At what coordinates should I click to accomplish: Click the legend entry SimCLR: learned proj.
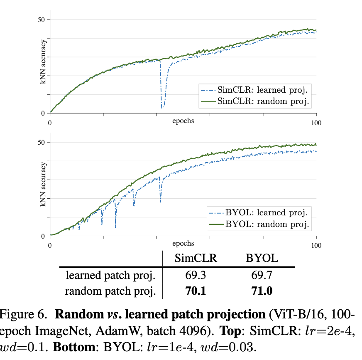click(x=264, y=89)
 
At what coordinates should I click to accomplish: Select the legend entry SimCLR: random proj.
click(x=264, y=101)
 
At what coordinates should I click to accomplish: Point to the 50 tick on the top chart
click(x=42, y=20)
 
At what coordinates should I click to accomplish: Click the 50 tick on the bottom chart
click(x=42, y=142)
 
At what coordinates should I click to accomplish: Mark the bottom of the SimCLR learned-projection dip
click(x=162, y=108)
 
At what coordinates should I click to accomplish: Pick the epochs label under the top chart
click(x=183, y=121)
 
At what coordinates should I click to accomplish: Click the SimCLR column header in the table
click(x=196, y=258)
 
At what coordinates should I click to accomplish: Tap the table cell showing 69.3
click(x=196, y=275)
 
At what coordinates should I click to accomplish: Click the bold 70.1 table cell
click(x=196, y=291)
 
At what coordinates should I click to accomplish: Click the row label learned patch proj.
click(x=110, y=275)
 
